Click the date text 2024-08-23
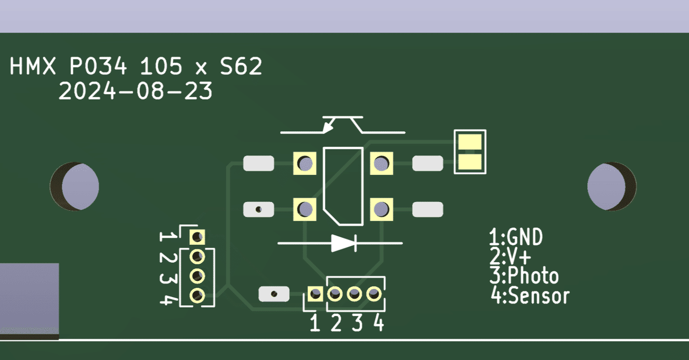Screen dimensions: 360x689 (135, 91)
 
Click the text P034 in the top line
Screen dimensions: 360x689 (99, 67)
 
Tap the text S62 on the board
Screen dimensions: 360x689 (241, 67)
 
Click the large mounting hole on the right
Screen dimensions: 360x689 (611, 186)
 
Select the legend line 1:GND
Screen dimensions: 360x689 (515, 237)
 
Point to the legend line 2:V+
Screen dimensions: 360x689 (509, 256)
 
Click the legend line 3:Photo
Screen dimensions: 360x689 (524, 276)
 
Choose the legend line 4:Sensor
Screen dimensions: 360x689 (530, 295)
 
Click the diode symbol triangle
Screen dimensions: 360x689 (343, 243)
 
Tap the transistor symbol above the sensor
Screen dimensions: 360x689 (342, 125)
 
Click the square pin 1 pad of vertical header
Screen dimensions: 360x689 (198, 236)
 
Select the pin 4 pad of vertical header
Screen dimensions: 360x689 (198, 295)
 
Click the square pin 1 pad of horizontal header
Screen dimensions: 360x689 (315, 294)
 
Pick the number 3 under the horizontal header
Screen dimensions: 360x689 (357, 323)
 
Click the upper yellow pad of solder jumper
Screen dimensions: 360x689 (470, 143)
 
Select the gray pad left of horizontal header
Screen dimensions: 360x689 (274, 294)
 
